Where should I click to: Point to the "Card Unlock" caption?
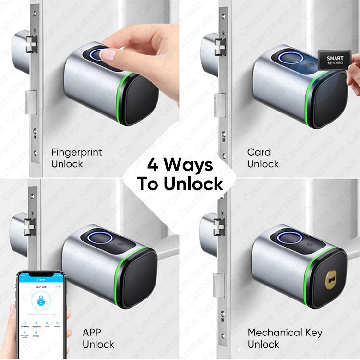pos(263,158)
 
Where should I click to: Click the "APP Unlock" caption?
pos(98,338)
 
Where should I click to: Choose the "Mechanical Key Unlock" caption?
pos(285,338)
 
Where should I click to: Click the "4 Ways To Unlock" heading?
pos(180,174)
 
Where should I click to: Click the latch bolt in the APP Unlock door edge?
pos(30,225)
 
